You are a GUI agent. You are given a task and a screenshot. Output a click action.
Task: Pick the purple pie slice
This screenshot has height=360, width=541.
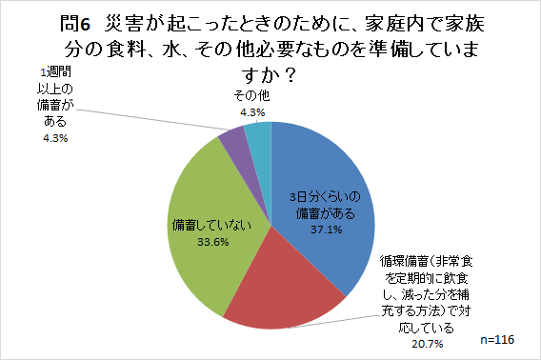[231, 148]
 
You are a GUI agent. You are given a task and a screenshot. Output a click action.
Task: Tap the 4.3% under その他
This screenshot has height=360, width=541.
[250, 112]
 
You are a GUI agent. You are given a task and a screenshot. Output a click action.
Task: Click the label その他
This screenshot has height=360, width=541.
[250, 96]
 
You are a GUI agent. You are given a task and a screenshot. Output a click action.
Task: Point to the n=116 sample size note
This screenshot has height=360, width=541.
[501, 339]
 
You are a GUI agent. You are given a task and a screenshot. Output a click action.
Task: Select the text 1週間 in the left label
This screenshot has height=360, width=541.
[56, 72]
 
